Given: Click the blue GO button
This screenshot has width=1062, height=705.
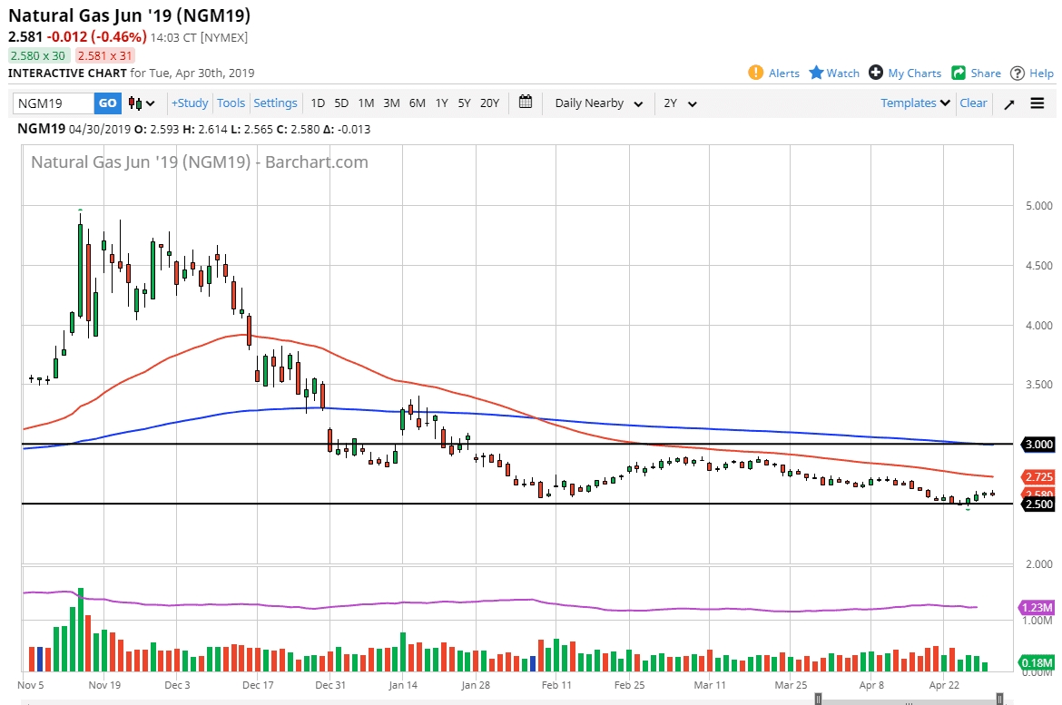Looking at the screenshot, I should tap(107, 103).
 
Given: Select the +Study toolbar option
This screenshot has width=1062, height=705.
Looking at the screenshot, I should tap(190, 103).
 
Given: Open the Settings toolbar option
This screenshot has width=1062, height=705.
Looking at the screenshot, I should tap(275, 103).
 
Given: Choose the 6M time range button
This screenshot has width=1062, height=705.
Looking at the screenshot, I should tap(417, 103).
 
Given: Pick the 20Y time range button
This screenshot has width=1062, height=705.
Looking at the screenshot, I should tap(489, 103).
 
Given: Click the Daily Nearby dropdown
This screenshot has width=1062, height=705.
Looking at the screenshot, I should tap(599, 103).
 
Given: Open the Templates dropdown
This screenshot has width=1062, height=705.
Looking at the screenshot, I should tap(915, 103).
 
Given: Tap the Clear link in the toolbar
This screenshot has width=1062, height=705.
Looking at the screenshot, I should tap(973, 103).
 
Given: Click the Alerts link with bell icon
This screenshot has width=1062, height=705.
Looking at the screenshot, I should tap(774, 73).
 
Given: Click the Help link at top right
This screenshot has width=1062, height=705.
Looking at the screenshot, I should tap(1032, 73).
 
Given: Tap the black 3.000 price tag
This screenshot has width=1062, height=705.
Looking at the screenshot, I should tap(1037, 445).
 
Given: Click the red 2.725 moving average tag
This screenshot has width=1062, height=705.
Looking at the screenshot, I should tap(1037, 476).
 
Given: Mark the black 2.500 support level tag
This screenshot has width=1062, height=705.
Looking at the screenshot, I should tap(1037, 504).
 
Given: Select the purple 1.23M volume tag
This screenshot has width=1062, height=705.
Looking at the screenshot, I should tap(1037, 608).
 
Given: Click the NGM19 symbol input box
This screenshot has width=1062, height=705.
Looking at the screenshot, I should tap(53, 103).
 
